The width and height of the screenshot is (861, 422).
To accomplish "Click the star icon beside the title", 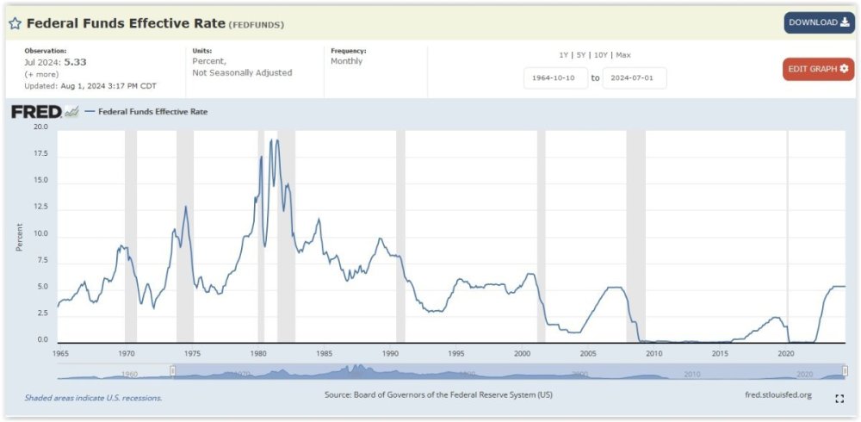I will pyautogui.click(x=15, y=23).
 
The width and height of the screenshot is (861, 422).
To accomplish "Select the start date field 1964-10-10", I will pyautogui.click(x=555, y=78).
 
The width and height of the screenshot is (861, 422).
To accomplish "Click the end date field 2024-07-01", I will pyautogui.click(x=635, y=78).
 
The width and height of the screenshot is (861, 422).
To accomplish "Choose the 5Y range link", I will pyautogui.click(x=582, y=55).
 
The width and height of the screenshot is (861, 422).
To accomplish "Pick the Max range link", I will pyautogui.click(x=623, y=55).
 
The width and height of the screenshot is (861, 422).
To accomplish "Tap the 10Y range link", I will pyautogui.click(x=601, y=55).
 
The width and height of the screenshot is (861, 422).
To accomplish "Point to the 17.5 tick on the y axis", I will pyautogui.click(x=41, y=154).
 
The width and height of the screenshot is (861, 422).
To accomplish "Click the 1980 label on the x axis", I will pyautogui.click(x=259, y=353).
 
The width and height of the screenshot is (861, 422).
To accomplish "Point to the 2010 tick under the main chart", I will pyautogui.click(x=653, y=353).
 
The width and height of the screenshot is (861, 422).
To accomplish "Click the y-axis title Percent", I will pyautogui.click(x=19, y=236).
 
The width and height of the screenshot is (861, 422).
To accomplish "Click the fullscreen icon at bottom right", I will pyautogui.click(x=839, y=398).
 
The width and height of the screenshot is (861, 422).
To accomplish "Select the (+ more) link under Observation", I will pyautogui.click(x=41, y=74).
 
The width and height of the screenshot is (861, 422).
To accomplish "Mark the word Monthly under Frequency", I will pyautogui.click(x=347, y=61).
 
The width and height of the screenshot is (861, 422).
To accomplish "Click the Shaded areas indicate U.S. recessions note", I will pyautogui.click(x=93, y=398).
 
